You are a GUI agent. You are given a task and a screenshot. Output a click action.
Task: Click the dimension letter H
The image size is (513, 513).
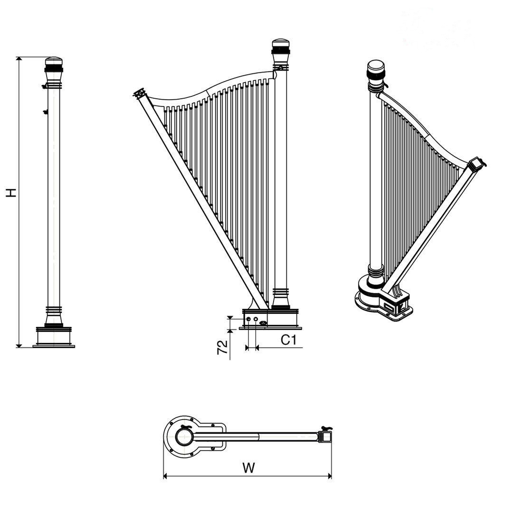point(11,193)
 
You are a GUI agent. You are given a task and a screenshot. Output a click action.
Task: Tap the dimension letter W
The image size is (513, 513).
point(248,468)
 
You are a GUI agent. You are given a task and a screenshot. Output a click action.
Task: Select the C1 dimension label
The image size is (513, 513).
point(288,340)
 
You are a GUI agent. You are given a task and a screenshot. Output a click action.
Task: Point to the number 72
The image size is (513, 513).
point(222,347)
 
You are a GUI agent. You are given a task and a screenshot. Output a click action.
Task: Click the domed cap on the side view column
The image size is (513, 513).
point(54,61)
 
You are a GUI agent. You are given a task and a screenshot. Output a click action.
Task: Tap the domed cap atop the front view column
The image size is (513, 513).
point(281,44)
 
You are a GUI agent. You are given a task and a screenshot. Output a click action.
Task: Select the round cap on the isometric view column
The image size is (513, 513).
point(376,67)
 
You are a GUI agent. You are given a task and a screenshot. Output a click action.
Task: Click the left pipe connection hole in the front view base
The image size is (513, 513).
point(248,319)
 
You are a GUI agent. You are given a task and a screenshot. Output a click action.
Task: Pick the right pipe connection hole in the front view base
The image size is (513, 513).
point(256,319)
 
